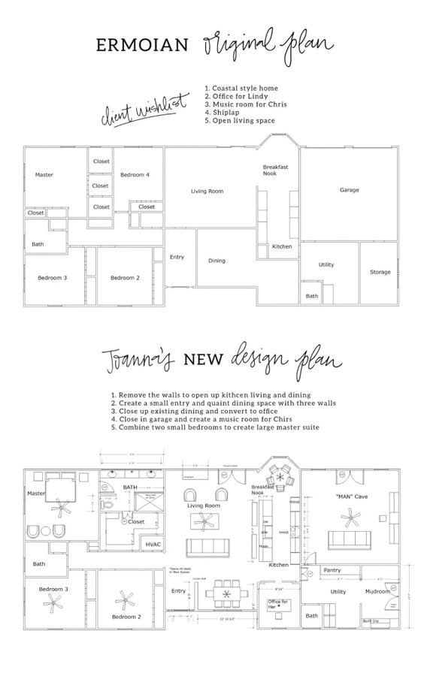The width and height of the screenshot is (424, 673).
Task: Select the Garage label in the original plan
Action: point(349,190)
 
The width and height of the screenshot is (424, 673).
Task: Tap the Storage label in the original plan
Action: point(380,272)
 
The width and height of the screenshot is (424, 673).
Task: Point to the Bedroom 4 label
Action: point(135,175)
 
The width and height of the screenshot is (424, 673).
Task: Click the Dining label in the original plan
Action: point(217,261)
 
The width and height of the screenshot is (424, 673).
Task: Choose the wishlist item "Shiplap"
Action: point(226,112)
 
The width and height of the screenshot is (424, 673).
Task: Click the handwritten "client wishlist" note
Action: point(143,113)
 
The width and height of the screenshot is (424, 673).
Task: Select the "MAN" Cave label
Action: point(350,496)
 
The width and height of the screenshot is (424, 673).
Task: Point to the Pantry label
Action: point(332,571)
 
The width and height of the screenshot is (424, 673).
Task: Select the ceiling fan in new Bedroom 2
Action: point(125,599)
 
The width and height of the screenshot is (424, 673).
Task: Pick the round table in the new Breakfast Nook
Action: point(279,475)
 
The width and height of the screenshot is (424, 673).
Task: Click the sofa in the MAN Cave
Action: point(351,538)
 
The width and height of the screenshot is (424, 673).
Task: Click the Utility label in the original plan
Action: point(326,264)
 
